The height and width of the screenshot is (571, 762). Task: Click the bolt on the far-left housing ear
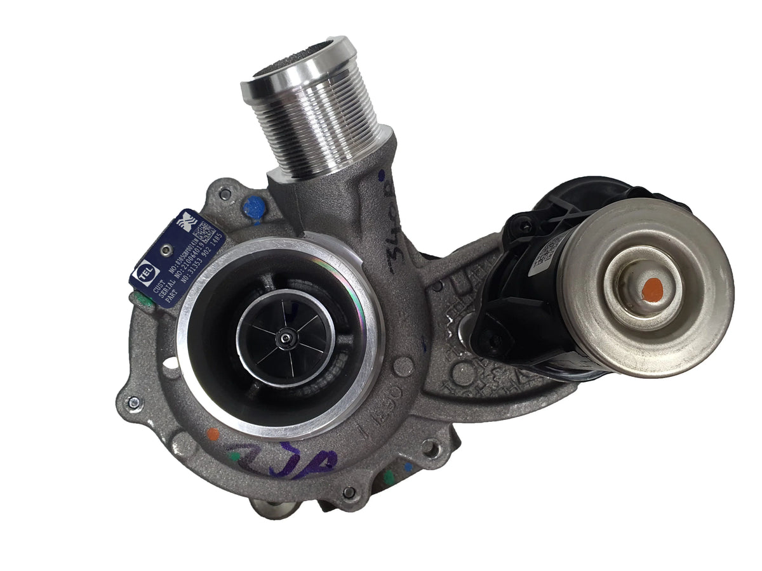pos(132,401)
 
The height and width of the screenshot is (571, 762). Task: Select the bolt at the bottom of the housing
pos(348,492)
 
